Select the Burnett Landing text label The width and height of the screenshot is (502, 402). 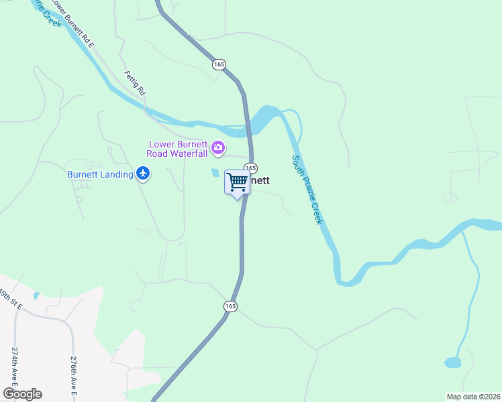point(99,174)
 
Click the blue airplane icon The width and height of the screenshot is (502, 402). point(142,174)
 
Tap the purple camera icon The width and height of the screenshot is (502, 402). point(217,147)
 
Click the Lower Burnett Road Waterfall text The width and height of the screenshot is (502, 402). point(179,147)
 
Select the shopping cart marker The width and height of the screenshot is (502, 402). point(237,182)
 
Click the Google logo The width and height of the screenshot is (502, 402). point(22,394)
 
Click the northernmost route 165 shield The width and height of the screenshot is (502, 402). point(219,64)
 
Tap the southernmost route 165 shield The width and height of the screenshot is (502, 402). point(230,306)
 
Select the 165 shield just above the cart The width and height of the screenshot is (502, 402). point(250,167)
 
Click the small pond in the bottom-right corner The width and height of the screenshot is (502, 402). point(453,363)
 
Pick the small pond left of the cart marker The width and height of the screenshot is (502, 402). point(215,173)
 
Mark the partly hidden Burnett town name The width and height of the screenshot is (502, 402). point(260,180)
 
